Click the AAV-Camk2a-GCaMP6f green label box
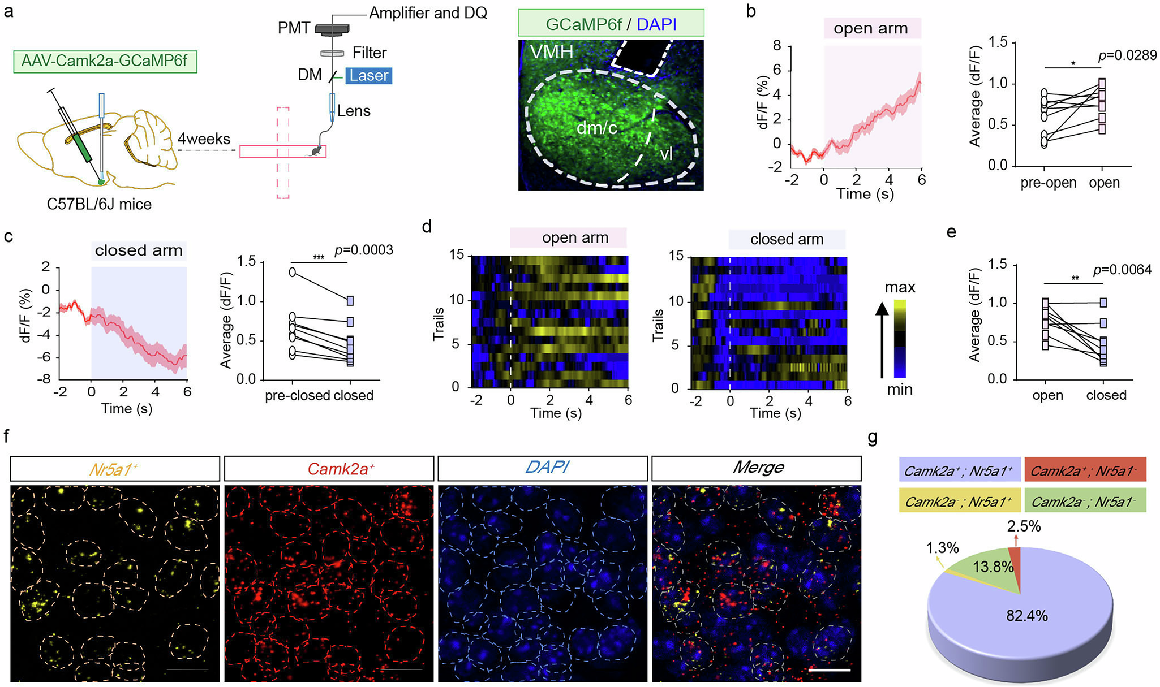pyautogui.click(x=105, y=61)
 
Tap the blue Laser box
pyautogui.click(x=368, y=75)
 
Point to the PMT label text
pyautogui.click(x=294, y=28)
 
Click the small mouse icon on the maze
pyautogui.click(x=316, y=151)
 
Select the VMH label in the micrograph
pyautogui.click(x=551, y=53)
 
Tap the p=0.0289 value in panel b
pyautogui.click(x=1127, y=56)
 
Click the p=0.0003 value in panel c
pyautogui.click(x=363, y=250)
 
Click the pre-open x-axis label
pyautogui.click(x=1048, y=183)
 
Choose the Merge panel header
pyautogui.click(x=757, y=468)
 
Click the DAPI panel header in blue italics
pyautogui.click(x=547, y=468)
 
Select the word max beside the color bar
pyautogui.click(x=899, y=287)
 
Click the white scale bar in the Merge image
pyautogui.click(x=829, y=670)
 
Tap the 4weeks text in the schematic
pyautogui.click(x=204, y=139)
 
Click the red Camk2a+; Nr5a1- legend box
pyautogui.click(x=1085, y=470)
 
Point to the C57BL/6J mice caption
pyautogui.click(x=99, y=204)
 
